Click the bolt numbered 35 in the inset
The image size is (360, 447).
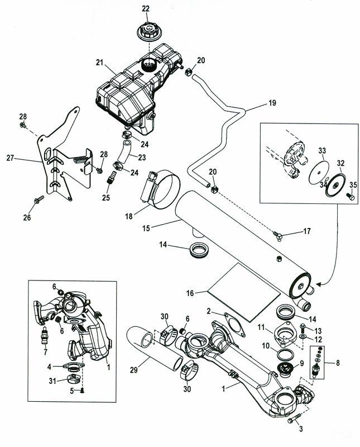coord(349,196)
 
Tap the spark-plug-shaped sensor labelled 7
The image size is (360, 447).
coord(41,337)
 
